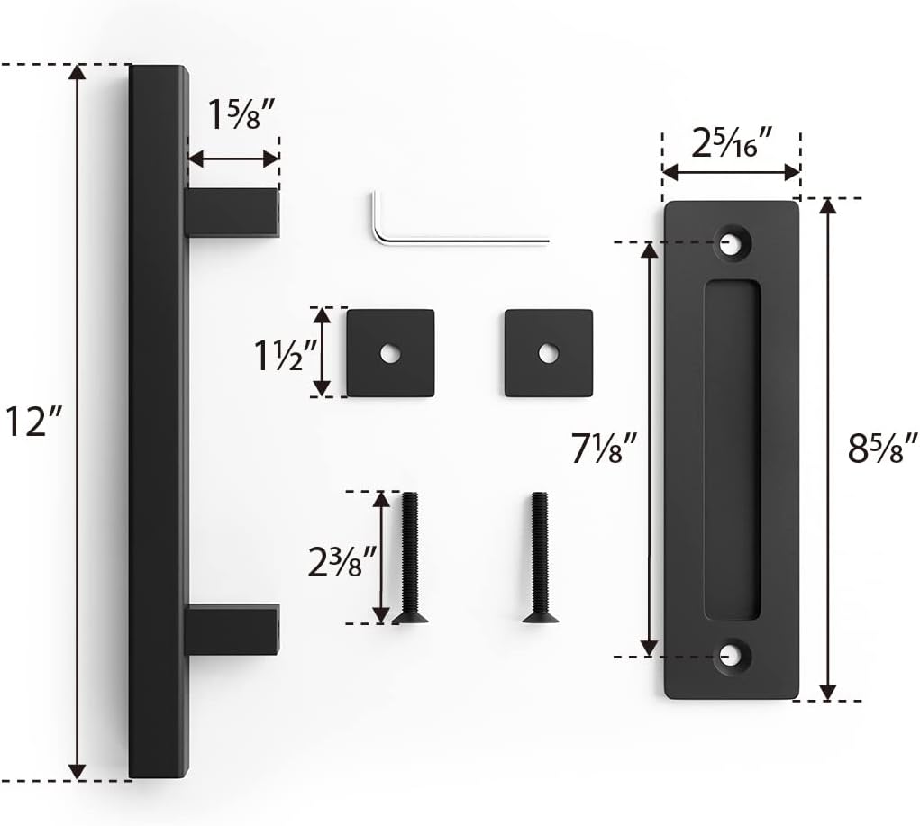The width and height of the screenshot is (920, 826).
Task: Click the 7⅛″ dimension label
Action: click(606, 448)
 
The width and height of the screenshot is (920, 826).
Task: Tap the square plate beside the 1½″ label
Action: click(390, 353)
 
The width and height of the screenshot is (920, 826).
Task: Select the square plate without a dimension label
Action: click(548, 353)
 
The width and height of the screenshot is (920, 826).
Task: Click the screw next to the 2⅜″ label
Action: click(410, 558)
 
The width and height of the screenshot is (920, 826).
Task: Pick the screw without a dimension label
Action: click(540, 558)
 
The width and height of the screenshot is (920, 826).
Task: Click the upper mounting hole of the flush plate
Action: click(732, 241)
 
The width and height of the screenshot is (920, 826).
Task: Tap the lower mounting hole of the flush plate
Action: click(732, 658)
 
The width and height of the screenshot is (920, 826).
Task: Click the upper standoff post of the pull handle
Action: click(232, 213)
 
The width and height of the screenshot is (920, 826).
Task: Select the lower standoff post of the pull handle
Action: click(232, 629)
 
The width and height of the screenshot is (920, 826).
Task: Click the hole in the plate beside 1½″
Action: click(389, 354)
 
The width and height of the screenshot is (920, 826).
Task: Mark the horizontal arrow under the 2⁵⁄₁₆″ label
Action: click(731, 171)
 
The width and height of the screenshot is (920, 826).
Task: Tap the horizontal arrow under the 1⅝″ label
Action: click(233, 159)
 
